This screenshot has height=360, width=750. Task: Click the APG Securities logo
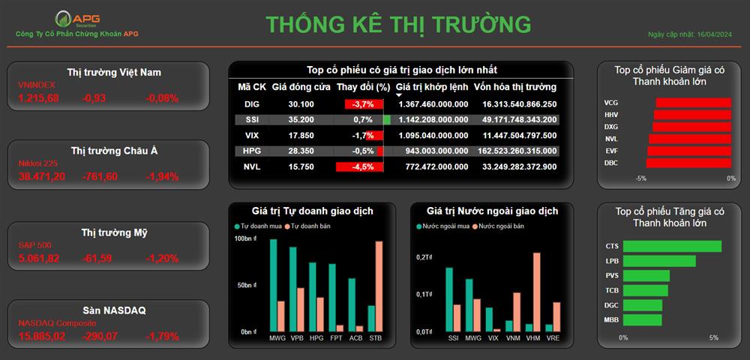(77, 19)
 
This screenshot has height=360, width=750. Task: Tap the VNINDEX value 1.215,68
(39, 98)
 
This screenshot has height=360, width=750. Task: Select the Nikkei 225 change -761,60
(100, 177)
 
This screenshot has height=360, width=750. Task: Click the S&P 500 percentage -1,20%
(162, 259)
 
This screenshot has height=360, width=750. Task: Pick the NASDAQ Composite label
(53, 323)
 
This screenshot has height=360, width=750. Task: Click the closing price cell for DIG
(301, 104)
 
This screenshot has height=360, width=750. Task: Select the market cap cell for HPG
(517, 151)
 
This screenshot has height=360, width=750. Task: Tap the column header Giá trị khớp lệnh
(432, 87)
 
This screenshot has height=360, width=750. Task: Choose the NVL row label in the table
(251, 166)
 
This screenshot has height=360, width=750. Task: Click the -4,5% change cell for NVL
(360, 166)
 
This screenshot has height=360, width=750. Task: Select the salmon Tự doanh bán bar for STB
(379, 286)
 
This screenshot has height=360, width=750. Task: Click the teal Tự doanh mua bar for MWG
(274, 286)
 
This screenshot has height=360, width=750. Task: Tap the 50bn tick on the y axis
(249, 286)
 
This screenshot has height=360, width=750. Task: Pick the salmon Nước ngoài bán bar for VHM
(537, 292)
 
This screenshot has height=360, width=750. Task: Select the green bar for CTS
(673, 246)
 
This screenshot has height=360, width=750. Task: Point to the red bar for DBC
(688, 163)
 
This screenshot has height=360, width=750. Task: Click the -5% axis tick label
(641, 178)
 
